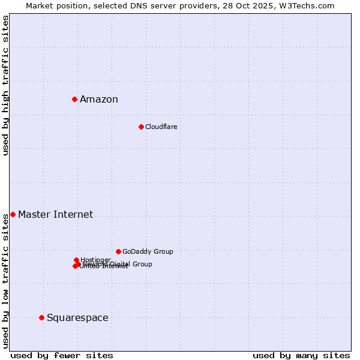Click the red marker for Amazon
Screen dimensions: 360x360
(x=74, y=99)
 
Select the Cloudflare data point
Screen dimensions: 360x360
(x=141, y=127)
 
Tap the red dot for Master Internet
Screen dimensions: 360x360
(x=13, y=214)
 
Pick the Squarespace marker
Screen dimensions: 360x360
(x=41, y=317)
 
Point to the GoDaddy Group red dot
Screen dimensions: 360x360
(x=118, y=251)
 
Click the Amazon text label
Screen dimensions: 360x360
(x=99, y=100)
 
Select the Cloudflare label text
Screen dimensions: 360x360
(x=161, y=127)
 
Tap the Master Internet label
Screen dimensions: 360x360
(x=55, y=215)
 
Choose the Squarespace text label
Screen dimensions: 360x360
(x=77, y=318)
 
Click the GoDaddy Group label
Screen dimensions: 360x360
(x=148, y=252)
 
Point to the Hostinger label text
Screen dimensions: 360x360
(x=95, y=260)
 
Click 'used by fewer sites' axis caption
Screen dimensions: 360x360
(x=62, y=355)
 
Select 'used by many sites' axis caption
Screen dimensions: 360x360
(x=301, y=355)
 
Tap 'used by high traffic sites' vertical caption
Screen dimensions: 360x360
(x=5, y=85)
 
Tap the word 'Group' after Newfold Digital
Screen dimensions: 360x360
(x=142, y=264)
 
